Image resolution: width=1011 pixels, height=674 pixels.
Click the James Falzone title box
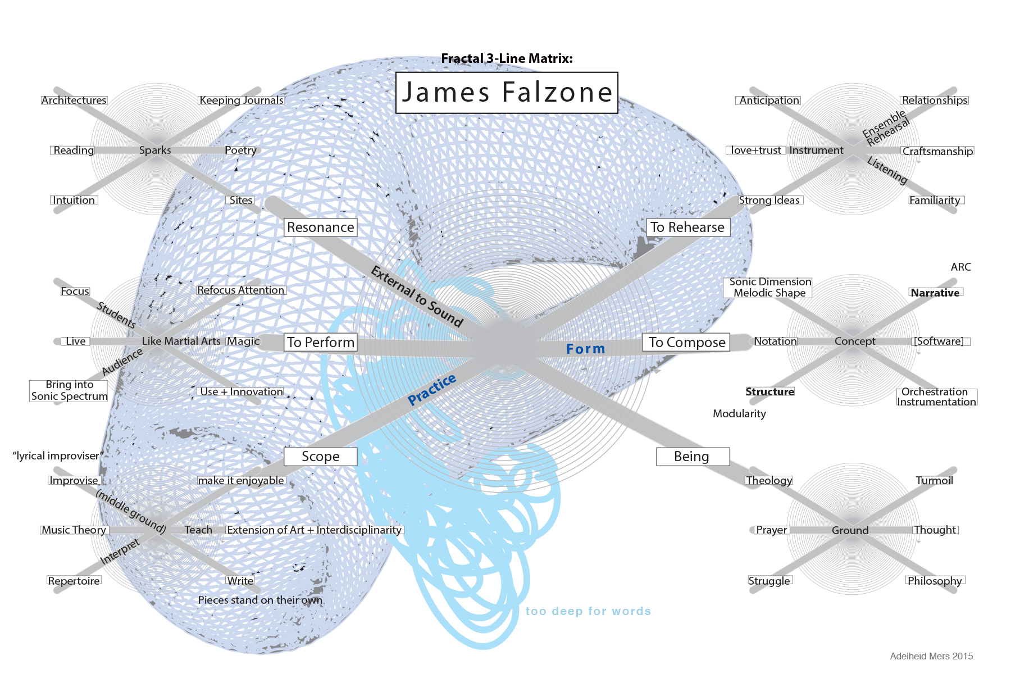(x=507, y=93)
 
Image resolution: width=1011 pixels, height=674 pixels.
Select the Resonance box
(x=320, y=227)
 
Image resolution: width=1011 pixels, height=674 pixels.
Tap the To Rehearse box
(x=687, y=227)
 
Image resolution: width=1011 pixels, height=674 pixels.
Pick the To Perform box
(x=320, y=342)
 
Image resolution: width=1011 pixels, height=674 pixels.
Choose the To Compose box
(x=686, y=342)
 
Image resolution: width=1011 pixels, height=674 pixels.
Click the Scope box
(x=320, y=457)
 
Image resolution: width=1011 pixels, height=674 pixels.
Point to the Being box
(x=692, y=457)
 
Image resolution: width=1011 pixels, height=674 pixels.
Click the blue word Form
(x=585, y=349)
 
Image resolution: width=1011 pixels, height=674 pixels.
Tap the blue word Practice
(x=432, y=389)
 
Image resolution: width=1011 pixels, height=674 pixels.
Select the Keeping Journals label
(x=242, y=101)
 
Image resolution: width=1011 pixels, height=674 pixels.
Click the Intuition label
(x=74, y=201)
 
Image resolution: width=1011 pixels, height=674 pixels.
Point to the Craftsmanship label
(x=937, y=151)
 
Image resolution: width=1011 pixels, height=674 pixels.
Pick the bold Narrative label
(x=935, y=293)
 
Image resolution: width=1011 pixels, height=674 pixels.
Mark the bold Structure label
(x=769, y=391)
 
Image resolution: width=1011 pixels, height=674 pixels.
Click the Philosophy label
(x=935, y=581)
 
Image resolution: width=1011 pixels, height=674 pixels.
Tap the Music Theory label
(x=74, y=530)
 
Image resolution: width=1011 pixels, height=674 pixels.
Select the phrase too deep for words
(x=588, y=611)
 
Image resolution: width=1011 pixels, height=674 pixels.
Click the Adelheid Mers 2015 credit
(x=931, y=656)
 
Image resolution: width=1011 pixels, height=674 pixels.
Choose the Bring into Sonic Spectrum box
(x=69, y=390)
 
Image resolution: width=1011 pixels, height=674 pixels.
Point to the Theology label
(x=768, y=480)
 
